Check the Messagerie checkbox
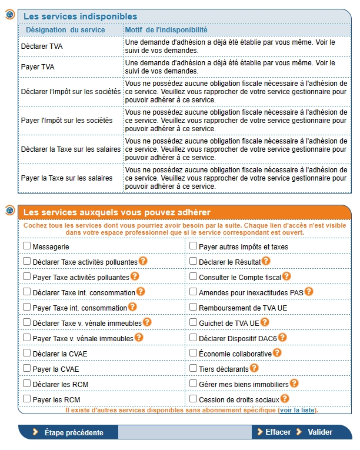tap(26, 246)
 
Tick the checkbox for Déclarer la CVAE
tap(26, 353)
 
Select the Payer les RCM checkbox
tap(26, 399)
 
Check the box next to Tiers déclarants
tap(193, 368)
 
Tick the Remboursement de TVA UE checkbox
tap(193, 307)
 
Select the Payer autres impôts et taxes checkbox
tap(193, 246)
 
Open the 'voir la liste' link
tap(297, 410)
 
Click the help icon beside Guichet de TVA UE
tap(265, 322)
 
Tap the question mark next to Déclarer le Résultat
tap(266, 261)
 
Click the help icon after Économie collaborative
tap(277, 353)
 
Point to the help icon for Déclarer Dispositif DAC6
tap(282, 337)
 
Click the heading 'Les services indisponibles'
tap(80, 16)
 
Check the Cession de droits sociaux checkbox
tap(193, 399)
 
